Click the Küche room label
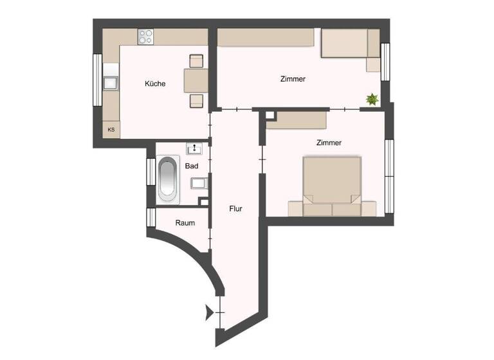tap(155, 84)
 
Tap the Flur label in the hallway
tap(236, 208)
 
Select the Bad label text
tap(192, 166)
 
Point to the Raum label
tap(185, 222)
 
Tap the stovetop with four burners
tap(145, 36)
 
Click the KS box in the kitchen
tap(111, 130)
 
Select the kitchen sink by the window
tap(111, 82)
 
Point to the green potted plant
tap(372, 99)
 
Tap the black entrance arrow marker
tap(208, 313)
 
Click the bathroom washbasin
tap(195, 149)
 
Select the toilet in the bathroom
tap(198, 183)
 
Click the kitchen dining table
tap(196, 80)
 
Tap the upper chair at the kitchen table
tap(196, 61)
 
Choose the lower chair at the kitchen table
tap(196, 100)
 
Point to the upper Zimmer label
tap(293, 79)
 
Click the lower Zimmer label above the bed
tap(328, 143)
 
